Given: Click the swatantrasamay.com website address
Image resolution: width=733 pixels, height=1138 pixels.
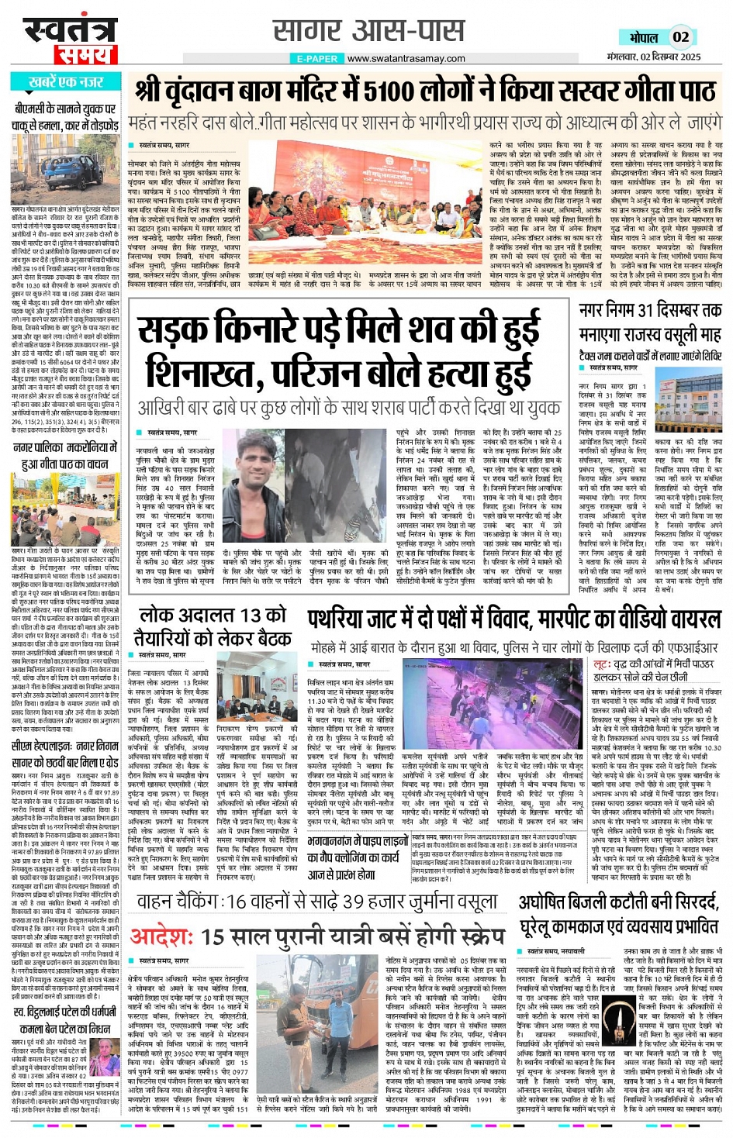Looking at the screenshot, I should tap(406, 58).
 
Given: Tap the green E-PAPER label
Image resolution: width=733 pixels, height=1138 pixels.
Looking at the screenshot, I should tap(317, 58).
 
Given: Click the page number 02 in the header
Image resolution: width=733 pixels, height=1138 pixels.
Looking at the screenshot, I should tap(680, 36).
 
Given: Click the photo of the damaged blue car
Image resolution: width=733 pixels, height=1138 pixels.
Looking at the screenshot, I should tap(64, 175).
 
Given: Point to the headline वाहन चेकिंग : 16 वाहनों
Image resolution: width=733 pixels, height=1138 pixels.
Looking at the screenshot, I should tap(316, 901).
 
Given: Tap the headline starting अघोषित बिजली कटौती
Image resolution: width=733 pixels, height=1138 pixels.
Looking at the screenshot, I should tap(619, 915).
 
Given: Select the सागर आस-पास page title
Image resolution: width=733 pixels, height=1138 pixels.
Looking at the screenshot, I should tap(368, 32).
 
